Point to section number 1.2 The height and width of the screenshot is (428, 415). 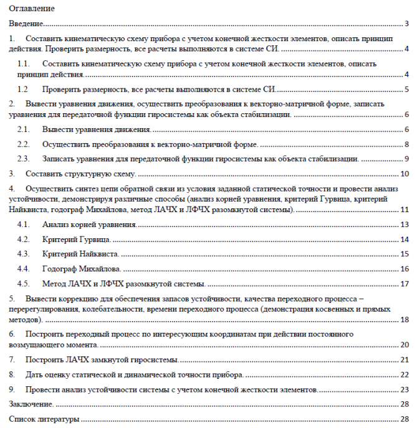tap(23, 89)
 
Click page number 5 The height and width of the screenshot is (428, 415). tap(406, 89)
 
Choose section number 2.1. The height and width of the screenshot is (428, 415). tap(23, 129)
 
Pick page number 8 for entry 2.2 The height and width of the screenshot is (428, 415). tap(406, 144)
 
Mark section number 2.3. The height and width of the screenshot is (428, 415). tap(23, 158)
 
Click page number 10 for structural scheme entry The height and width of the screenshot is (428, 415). tap(404, 174)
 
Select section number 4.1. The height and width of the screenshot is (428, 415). tap(23, 224)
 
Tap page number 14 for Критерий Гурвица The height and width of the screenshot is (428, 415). tap(404, 239)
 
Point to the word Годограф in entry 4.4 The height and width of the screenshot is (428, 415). tap(59, 269)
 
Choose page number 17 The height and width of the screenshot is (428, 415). tap(404, 284)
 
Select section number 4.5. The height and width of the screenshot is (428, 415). tap(23, 284)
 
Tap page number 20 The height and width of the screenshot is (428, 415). tap(404, 344)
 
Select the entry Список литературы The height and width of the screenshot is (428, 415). tap(44, 419)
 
